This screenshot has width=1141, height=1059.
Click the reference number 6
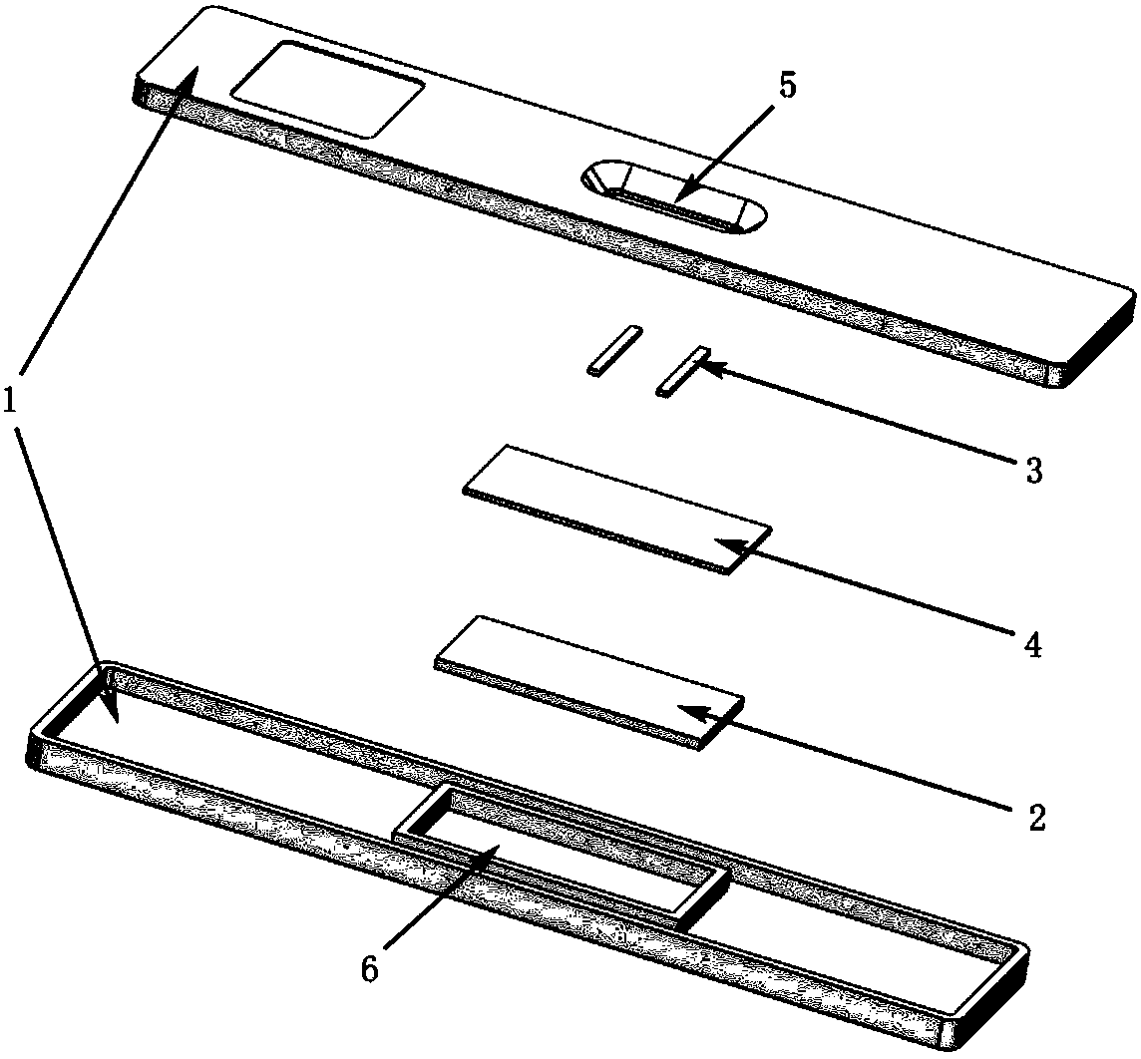(x=370, y=969)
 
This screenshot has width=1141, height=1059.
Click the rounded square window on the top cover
(x=327, y=89)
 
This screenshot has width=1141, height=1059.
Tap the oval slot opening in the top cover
(x=673, y=196)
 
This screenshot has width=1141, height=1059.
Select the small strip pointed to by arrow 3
(x=682, y=371)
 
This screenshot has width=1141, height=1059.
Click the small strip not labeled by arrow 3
(x=615, y=350)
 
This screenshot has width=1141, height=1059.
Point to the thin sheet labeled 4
(x=617, y=510)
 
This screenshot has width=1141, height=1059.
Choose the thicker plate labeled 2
(x=589, y=682)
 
